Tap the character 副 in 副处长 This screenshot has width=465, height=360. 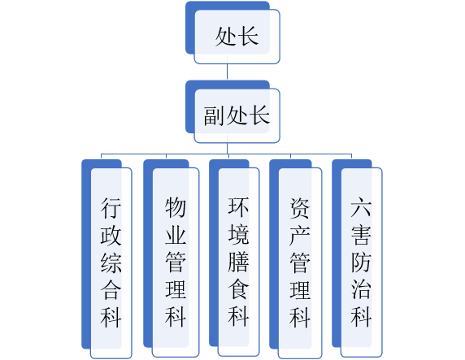tap(215, 115)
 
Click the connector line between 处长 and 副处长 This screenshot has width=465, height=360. tap(227, 72)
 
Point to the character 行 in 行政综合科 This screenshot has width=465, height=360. tap(111, 208)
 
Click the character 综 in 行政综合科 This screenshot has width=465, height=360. tap(111, 262)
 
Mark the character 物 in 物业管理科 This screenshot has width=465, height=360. tap(176, 207)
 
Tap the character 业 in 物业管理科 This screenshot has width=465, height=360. tap(176, 235)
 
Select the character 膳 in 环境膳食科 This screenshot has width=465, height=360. tap(239, 262)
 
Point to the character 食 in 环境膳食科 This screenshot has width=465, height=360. tap(239, 289)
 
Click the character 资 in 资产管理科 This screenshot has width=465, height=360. tap(300, 208)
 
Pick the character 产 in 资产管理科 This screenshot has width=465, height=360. tap(300, 236)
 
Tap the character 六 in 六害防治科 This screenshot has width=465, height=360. tap(361, 207)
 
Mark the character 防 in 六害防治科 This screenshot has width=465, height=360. tap(361, 262)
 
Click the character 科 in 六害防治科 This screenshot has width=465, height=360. tap(361, 317)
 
